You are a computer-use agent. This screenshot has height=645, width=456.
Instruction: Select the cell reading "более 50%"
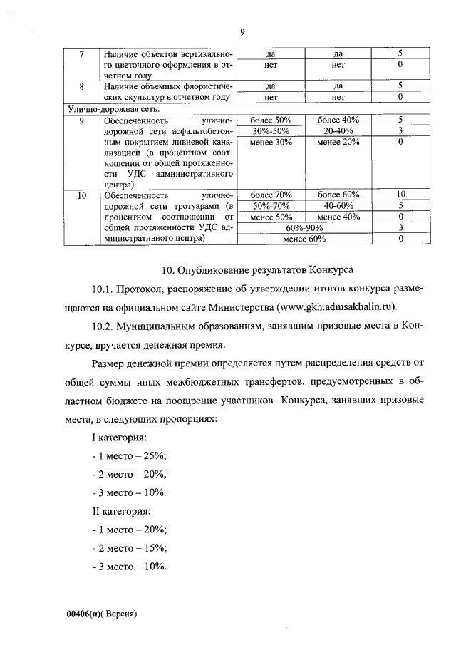coord(271,120)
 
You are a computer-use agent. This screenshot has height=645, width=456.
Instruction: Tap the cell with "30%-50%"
coord(271,130)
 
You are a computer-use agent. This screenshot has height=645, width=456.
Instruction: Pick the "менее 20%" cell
coord(338,142)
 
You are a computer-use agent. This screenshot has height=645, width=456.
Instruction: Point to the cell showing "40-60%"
coord(338,205)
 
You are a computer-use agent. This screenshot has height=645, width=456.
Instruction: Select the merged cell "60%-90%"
coord(304,227)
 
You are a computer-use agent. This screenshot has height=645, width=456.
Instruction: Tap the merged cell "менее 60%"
coord(304,239)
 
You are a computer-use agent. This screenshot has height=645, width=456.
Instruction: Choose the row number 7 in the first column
coord(81,53)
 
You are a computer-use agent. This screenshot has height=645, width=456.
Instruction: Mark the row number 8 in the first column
coord(81,86)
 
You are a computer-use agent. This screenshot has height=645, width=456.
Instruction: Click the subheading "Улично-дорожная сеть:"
coord(113,108)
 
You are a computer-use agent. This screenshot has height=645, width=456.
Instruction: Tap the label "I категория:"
coord(119,436)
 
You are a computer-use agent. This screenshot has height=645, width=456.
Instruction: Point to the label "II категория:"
coord(120,511)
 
